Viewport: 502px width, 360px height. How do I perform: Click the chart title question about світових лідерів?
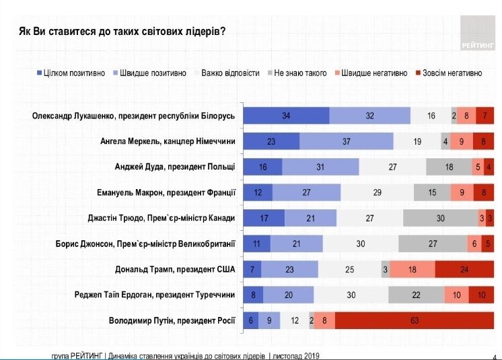pos(121,31)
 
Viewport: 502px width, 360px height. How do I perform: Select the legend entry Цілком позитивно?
pos(71,73)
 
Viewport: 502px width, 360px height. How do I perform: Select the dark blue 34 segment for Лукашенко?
pos(286,116)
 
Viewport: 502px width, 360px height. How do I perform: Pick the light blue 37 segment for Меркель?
pos(347,141)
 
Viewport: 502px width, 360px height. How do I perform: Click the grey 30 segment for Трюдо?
pos(440,218)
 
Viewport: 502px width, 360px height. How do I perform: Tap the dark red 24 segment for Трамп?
pos(464,269)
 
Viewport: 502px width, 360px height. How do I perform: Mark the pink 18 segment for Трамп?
pos(412,269)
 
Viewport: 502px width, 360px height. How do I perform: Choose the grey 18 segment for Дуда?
pos(449,167)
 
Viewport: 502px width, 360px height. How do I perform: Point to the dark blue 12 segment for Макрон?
pos(258,192)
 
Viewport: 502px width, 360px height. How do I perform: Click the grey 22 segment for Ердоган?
pos(416,295)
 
